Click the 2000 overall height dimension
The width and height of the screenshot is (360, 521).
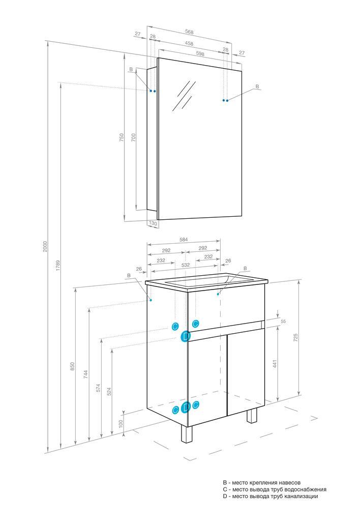(x=45, y=246)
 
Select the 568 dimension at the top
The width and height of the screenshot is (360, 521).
(x=189, y=32)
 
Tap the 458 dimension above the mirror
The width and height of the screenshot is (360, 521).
(x=189, y=44)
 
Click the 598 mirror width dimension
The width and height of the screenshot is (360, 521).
(x=200, y=53)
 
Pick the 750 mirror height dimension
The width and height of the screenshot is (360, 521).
(x=122, y=137)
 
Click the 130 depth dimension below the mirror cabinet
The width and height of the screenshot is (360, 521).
(x=153, y=223)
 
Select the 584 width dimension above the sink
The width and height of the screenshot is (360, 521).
(x=184, y=239)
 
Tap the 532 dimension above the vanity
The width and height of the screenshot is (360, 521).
(x=186, y=265)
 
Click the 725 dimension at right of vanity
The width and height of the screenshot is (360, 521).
(x=295, y=337)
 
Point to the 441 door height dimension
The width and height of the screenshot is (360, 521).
(x=274, y=363)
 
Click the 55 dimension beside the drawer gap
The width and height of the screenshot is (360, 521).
(x=283, y=322)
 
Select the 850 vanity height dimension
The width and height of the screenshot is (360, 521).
(x=72, y=366)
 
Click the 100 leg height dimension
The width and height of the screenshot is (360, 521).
(x=121, y=423)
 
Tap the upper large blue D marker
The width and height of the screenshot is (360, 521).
(x=185, y=337)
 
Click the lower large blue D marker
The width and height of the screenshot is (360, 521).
(x=186, y=407)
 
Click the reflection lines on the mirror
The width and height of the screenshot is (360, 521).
(x=184, y=95)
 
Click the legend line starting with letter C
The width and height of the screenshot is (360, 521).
(x=275, y=489)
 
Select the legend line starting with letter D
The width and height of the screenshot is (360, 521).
(x=271, y=497)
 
